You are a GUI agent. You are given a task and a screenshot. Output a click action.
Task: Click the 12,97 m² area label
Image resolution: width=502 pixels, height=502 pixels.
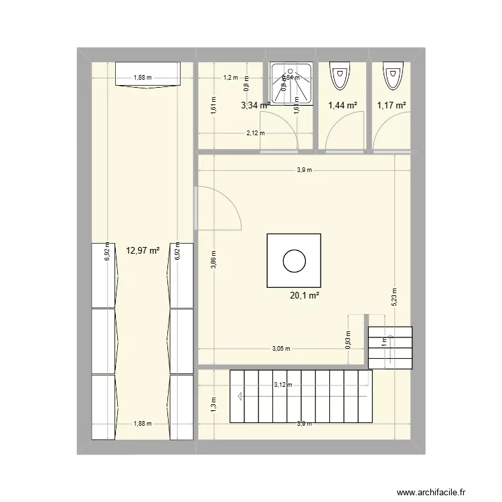point(143,251)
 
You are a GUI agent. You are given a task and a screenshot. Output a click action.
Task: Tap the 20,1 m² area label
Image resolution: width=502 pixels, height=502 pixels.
point(303,293)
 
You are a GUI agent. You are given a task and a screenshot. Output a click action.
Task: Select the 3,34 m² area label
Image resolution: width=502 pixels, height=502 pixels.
point(255,105)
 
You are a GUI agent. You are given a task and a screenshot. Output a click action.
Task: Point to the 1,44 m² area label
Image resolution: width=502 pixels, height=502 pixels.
point(342,105)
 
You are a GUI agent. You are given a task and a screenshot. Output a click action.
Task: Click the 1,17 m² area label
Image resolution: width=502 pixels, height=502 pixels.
point(392,105)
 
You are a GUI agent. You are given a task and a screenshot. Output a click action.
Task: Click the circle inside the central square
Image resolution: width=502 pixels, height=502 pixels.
point(294,260)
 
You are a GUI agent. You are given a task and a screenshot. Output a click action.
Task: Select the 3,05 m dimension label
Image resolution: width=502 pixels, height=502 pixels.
point(282,349)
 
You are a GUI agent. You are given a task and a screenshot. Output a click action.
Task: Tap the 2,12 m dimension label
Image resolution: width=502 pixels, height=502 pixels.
point(255,133)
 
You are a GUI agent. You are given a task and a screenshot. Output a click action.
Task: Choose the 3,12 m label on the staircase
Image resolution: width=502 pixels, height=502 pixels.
point(283,384)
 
